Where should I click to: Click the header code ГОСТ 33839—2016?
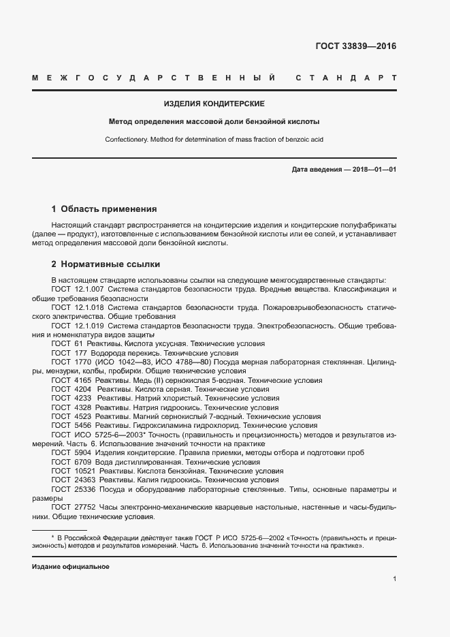(x=355, y=47)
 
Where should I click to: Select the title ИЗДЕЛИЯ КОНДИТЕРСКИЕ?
(x=214, y=104)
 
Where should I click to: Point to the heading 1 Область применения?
(x=104, y=209)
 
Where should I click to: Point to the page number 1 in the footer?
(x=394, y=579)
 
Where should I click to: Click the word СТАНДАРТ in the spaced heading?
(x=347, y=78)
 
